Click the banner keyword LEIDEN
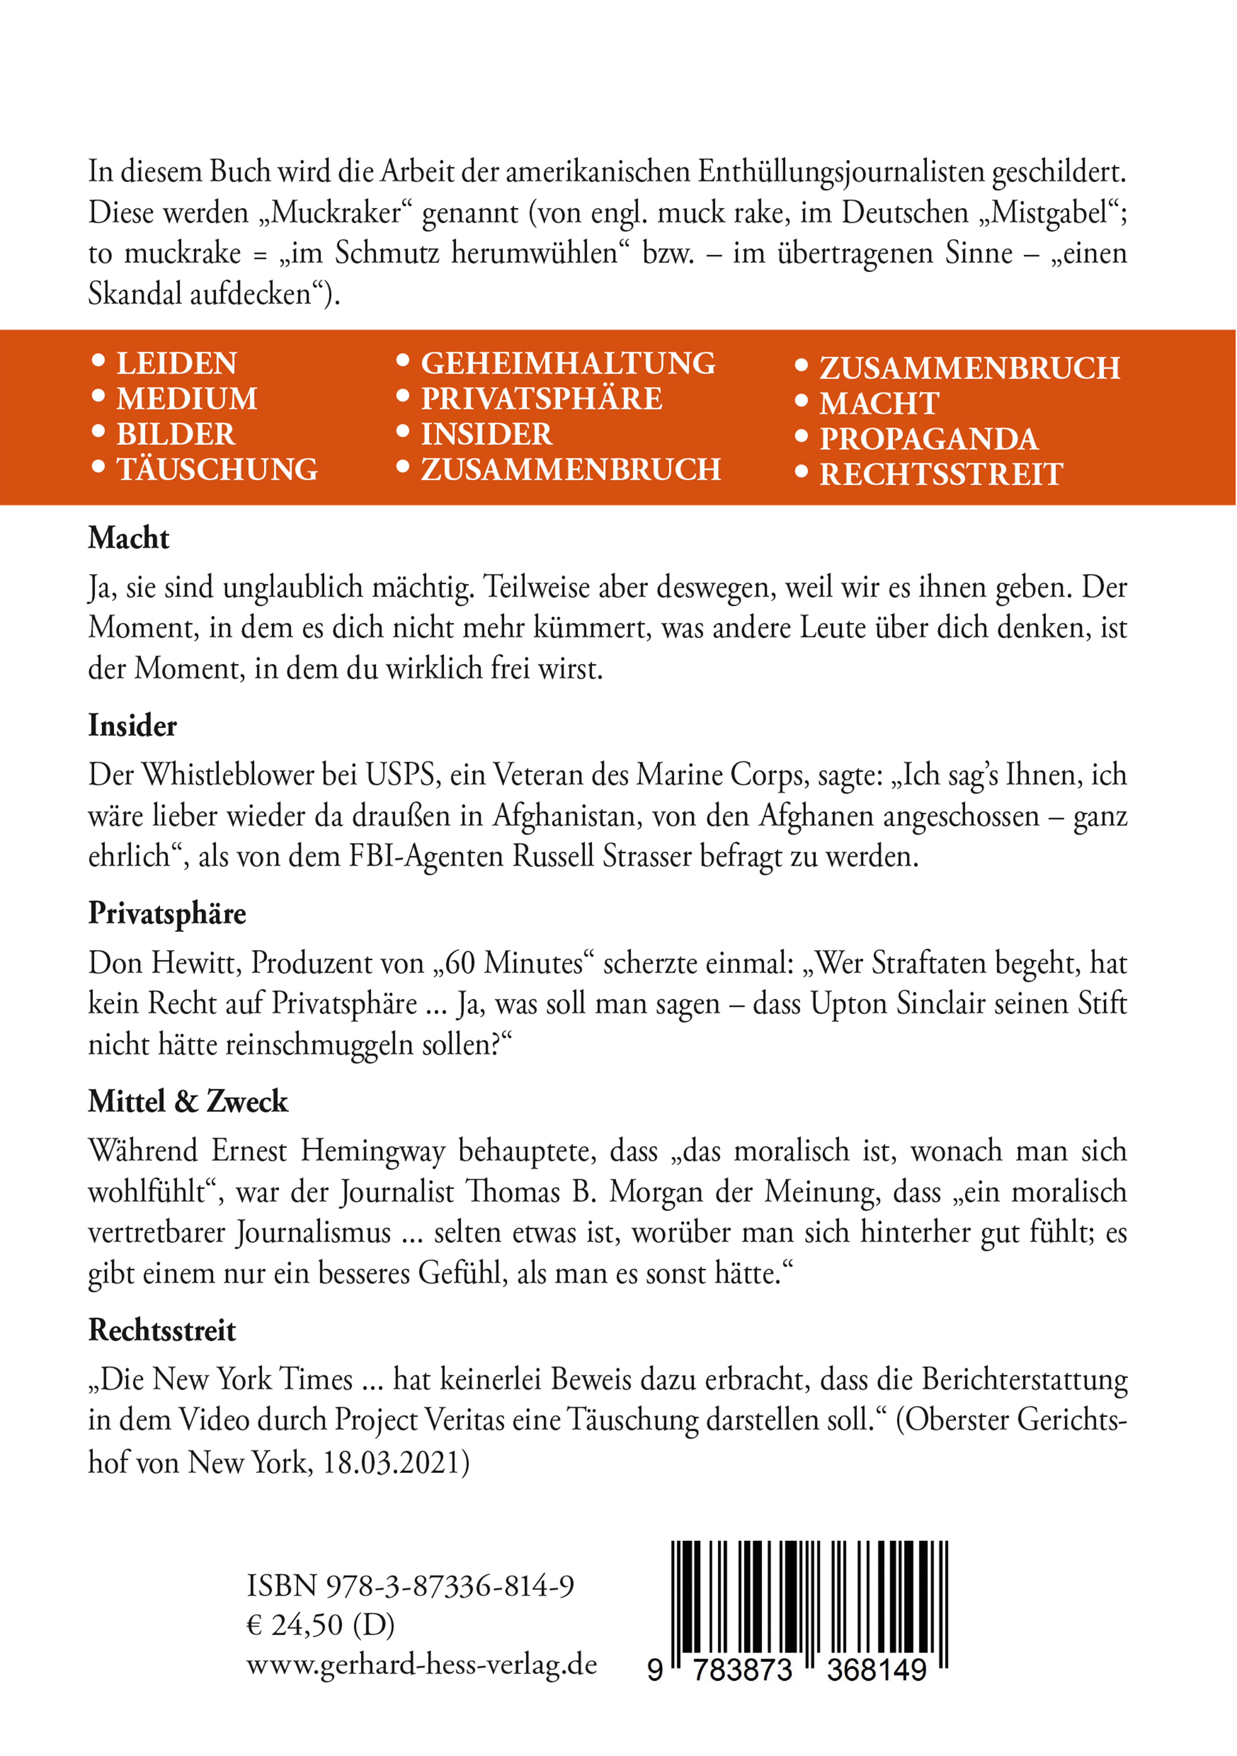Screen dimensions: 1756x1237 (x=177, y=363)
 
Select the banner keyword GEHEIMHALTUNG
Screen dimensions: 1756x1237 (x=568, y=363)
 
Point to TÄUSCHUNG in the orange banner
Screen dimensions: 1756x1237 (x=217, y=470)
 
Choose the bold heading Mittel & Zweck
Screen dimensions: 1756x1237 (x=188, y=1101)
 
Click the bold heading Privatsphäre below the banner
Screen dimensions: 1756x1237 (x=167, y=913)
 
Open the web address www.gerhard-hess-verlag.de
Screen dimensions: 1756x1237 (x=421, y=1664)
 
